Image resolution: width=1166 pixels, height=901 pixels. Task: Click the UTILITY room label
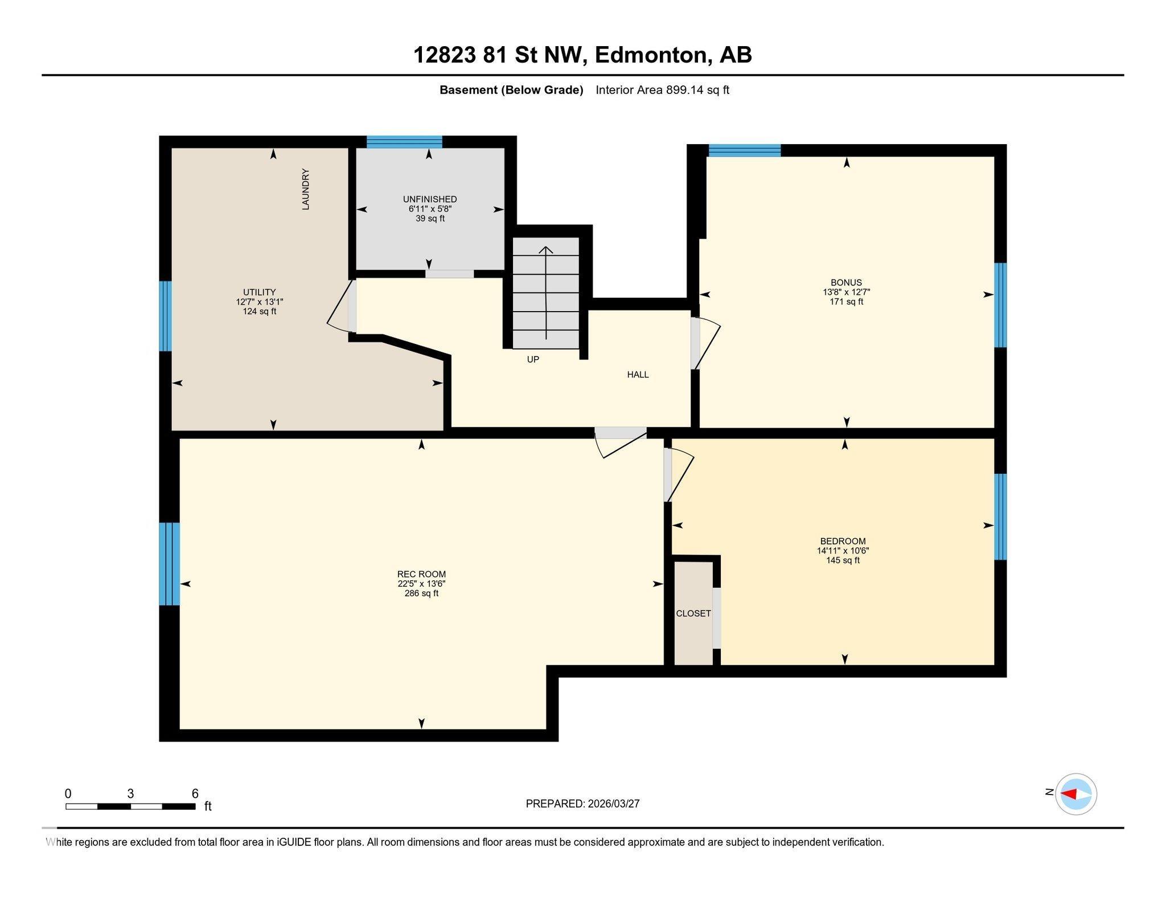260,292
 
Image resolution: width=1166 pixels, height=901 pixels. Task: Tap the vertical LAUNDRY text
306,189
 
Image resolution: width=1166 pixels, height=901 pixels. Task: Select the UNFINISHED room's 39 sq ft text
430,219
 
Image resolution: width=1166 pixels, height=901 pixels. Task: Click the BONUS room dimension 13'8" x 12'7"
846,292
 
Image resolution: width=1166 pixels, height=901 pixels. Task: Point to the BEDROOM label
843,541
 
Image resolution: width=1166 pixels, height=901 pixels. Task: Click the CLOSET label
693,613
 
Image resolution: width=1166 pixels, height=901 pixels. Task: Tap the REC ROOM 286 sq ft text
421,593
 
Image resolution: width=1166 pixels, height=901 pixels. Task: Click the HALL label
638,375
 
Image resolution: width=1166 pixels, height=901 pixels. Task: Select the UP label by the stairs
533,359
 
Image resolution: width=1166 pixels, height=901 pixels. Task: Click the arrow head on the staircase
546,249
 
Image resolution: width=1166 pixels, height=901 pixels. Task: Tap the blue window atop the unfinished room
404,142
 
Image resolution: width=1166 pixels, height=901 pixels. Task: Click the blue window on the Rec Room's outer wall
169,564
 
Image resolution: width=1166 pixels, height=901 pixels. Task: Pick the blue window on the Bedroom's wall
1000,517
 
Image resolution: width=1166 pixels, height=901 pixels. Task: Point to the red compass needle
1069,794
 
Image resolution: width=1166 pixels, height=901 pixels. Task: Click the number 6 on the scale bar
195,794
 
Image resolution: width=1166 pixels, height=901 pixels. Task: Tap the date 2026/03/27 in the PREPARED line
614,804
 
